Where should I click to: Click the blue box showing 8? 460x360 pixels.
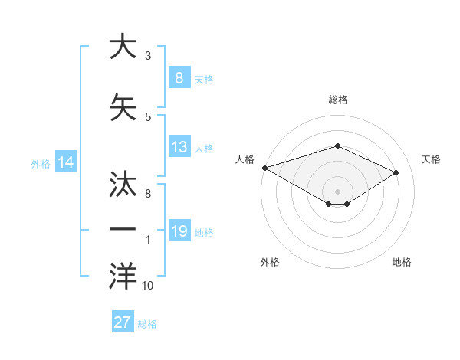point(179,77)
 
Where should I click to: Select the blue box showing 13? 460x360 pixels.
point(179,147)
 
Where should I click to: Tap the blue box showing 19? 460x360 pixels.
point(179,231)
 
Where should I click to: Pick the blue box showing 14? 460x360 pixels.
point(66,162)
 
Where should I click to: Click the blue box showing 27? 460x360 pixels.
point(123,322)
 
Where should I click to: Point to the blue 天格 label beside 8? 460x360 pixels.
point(204,79)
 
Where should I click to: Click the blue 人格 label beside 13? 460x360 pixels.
point(204,149)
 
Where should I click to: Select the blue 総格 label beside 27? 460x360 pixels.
point(147,324)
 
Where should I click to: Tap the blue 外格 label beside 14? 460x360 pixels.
point(41,164)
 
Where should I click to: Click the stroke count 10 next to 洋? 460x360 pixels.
point(148,286)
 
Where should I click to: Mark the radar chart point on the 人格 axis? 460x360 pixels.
point(264,168)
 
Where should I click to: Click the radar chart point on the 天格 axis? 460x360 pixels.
point(396,172)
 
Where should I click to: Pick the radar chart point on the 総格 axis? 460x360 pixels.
point(337,146)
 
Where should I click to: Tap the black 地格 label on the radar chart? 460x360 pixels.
point(402,262)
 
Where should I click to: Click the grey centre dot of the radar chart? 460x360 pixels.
point(337,190)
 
